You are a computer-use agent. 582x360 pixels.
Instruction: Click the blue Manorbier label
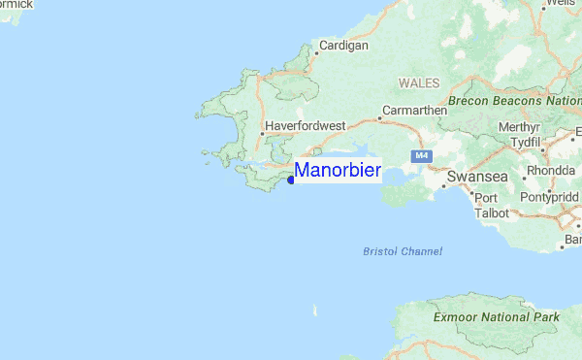tap(337, 171)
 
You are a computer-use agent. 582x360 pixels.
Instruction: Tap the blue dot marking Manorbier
tap(291, 180)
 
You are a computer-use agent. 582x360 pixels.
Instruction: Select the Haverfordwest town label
tap(304, 126)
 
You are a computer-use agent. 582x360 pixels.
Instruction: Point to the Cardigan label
tap(343, 46)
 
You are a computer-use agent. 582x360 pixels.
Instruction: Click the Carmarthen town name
tap(414, 111)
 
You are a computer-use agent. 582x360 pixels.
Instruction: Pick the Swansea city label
tap(476, 178)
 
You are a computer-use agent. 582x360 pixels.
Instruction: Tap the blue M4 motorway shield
tap(420, 155)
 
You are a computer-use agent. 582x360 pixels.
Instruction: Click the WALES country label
tap(419, 83)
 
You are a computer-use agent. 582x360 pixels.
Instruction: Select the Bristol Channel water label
tap(402, 251)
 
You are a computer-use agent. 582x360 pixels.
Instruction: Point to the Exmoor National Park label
tap(498, 317)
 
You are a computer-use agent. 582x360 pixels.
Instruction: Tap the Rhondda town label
tap(550, 171)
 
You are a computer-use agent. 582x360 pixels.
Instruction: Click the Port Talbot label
tap(485, 206)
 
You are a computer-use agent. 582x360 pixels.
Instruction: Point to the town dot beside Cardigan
tap(314, 53)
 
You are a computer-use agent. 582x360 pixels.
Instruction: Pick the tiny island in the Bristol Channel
tap(314, 311)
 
